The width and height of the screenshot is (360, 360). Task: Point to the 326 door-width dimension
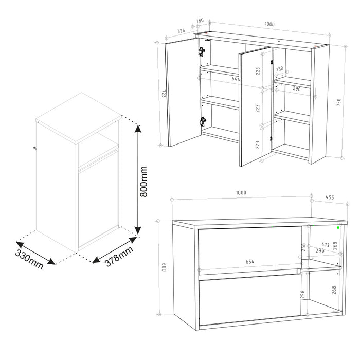point(181,31)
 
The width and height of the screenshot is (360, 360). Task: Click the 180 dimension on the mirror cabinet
point(200,21)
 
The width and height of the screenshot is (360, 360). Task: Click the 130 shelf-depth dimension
point(279,69)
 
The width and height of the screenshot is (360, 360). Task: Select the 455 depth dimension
point(330,197)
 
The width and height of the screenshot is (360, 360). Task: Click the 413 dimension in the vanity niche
point(325,245)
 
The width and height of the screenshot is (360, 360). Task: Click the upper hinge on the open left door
point(202,51)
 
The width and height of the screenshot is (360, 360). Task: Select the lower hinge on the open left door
point(203,121)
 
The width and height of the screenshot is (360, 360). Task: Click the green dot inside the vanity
point(339,227)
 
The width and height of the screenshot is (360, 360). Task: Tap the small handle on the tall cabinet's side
point(35,149)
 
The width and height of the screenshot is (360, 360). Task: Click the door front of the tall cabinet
point(98,206)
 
